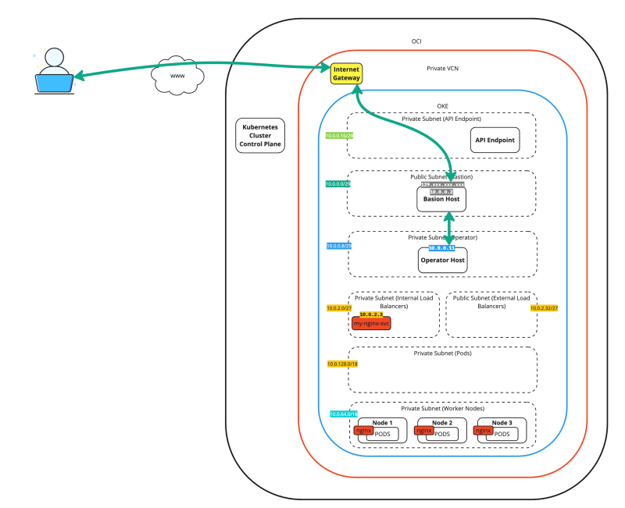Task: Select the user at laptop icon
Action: pos(54,72)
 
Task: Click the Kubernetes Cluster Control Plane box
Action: pos(260,135)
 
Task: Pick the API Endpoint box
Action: pos(495,140)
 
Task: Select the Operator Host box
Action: pos(442,259)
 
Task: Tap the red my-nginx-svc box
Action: pos(372,322)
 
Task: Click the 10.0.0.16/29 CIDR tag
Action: pos(340,136)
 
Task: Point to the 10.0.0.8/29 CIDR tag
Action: pos(340,246)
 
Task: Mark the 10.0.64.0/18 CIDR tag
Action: pos(344,414)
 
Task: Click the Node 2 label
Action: pos(441,422)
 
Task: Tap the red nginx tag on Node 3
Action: pos(484,430)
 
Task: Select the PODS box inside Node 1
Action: pos(383,434)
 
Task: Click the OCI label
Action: pos(416,41)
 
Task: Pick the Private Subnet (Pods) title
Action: pos(442,353)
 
